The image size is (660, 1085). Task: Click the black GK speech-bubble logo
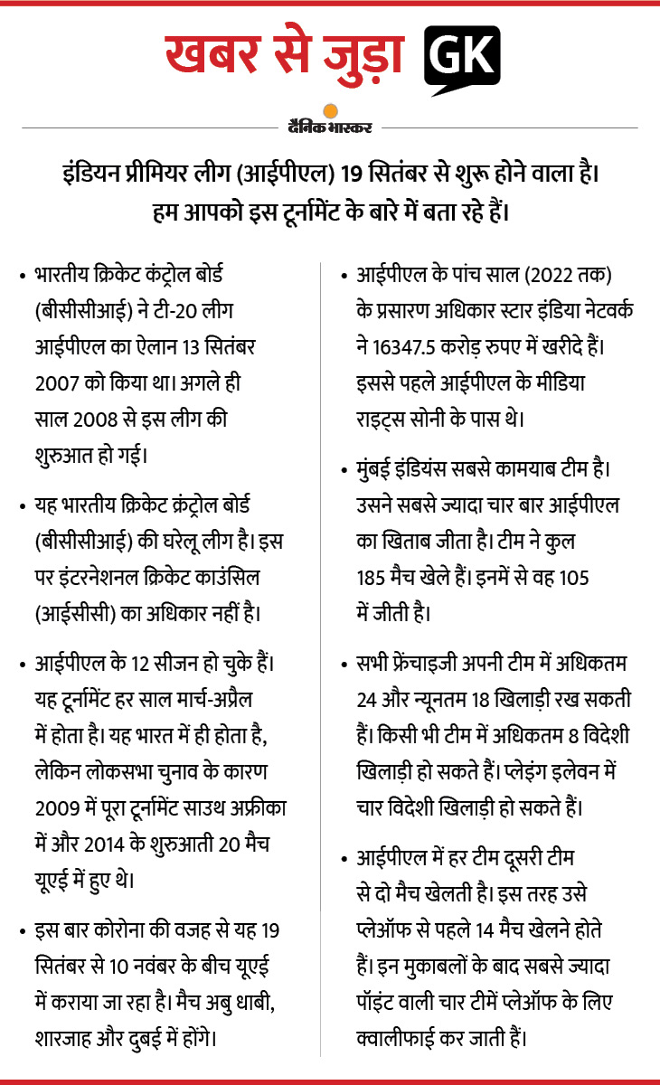(461, 60)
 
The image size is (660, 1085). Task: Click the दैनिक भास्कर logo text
(331, 127)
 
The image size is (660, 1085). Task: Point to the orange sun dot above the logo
(330, 110)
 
